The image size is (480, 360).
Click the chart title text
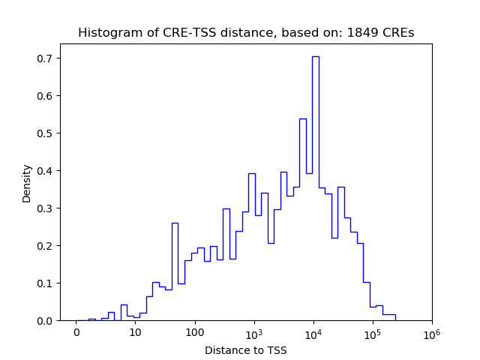pyautogui.click(x=246, y=32)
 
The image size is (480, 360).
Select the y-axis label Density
pyautogui.click(x=27, y=183)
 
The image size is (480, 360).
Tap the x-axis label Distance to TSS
pyautogui.click(x=246, y=349)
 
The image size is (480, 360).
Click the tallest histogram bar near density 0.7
pyautogui.click(x=316, y=187)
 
